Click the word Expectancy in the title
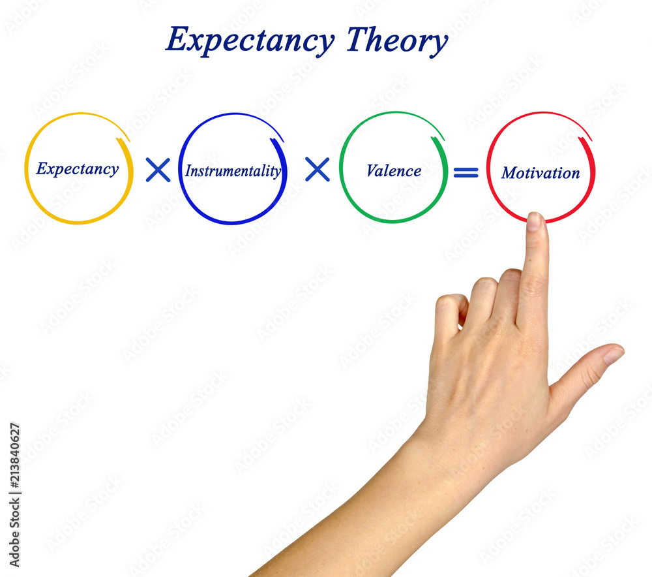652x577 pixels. pos(250,40)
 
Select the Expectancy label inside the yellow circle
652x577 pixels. pos(77,169)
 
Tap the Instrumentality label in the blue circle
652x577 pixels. pos(233,171)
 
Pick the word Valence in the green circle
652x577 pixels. pos(393,171)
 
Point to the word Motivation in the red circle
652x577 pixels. pos(540,173)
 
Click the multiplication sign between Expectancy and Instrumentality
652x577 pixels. pos(158,170)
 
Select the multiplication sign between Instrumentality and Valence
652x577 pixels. pos(318,170)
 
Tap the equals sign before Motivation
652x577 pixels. pos(466,172)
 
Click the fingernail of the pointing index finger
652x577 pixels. pos(534,221)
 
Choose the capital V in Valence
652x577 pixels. pos(372,171)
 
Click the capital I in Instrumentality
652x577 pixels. pos(188,171)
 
